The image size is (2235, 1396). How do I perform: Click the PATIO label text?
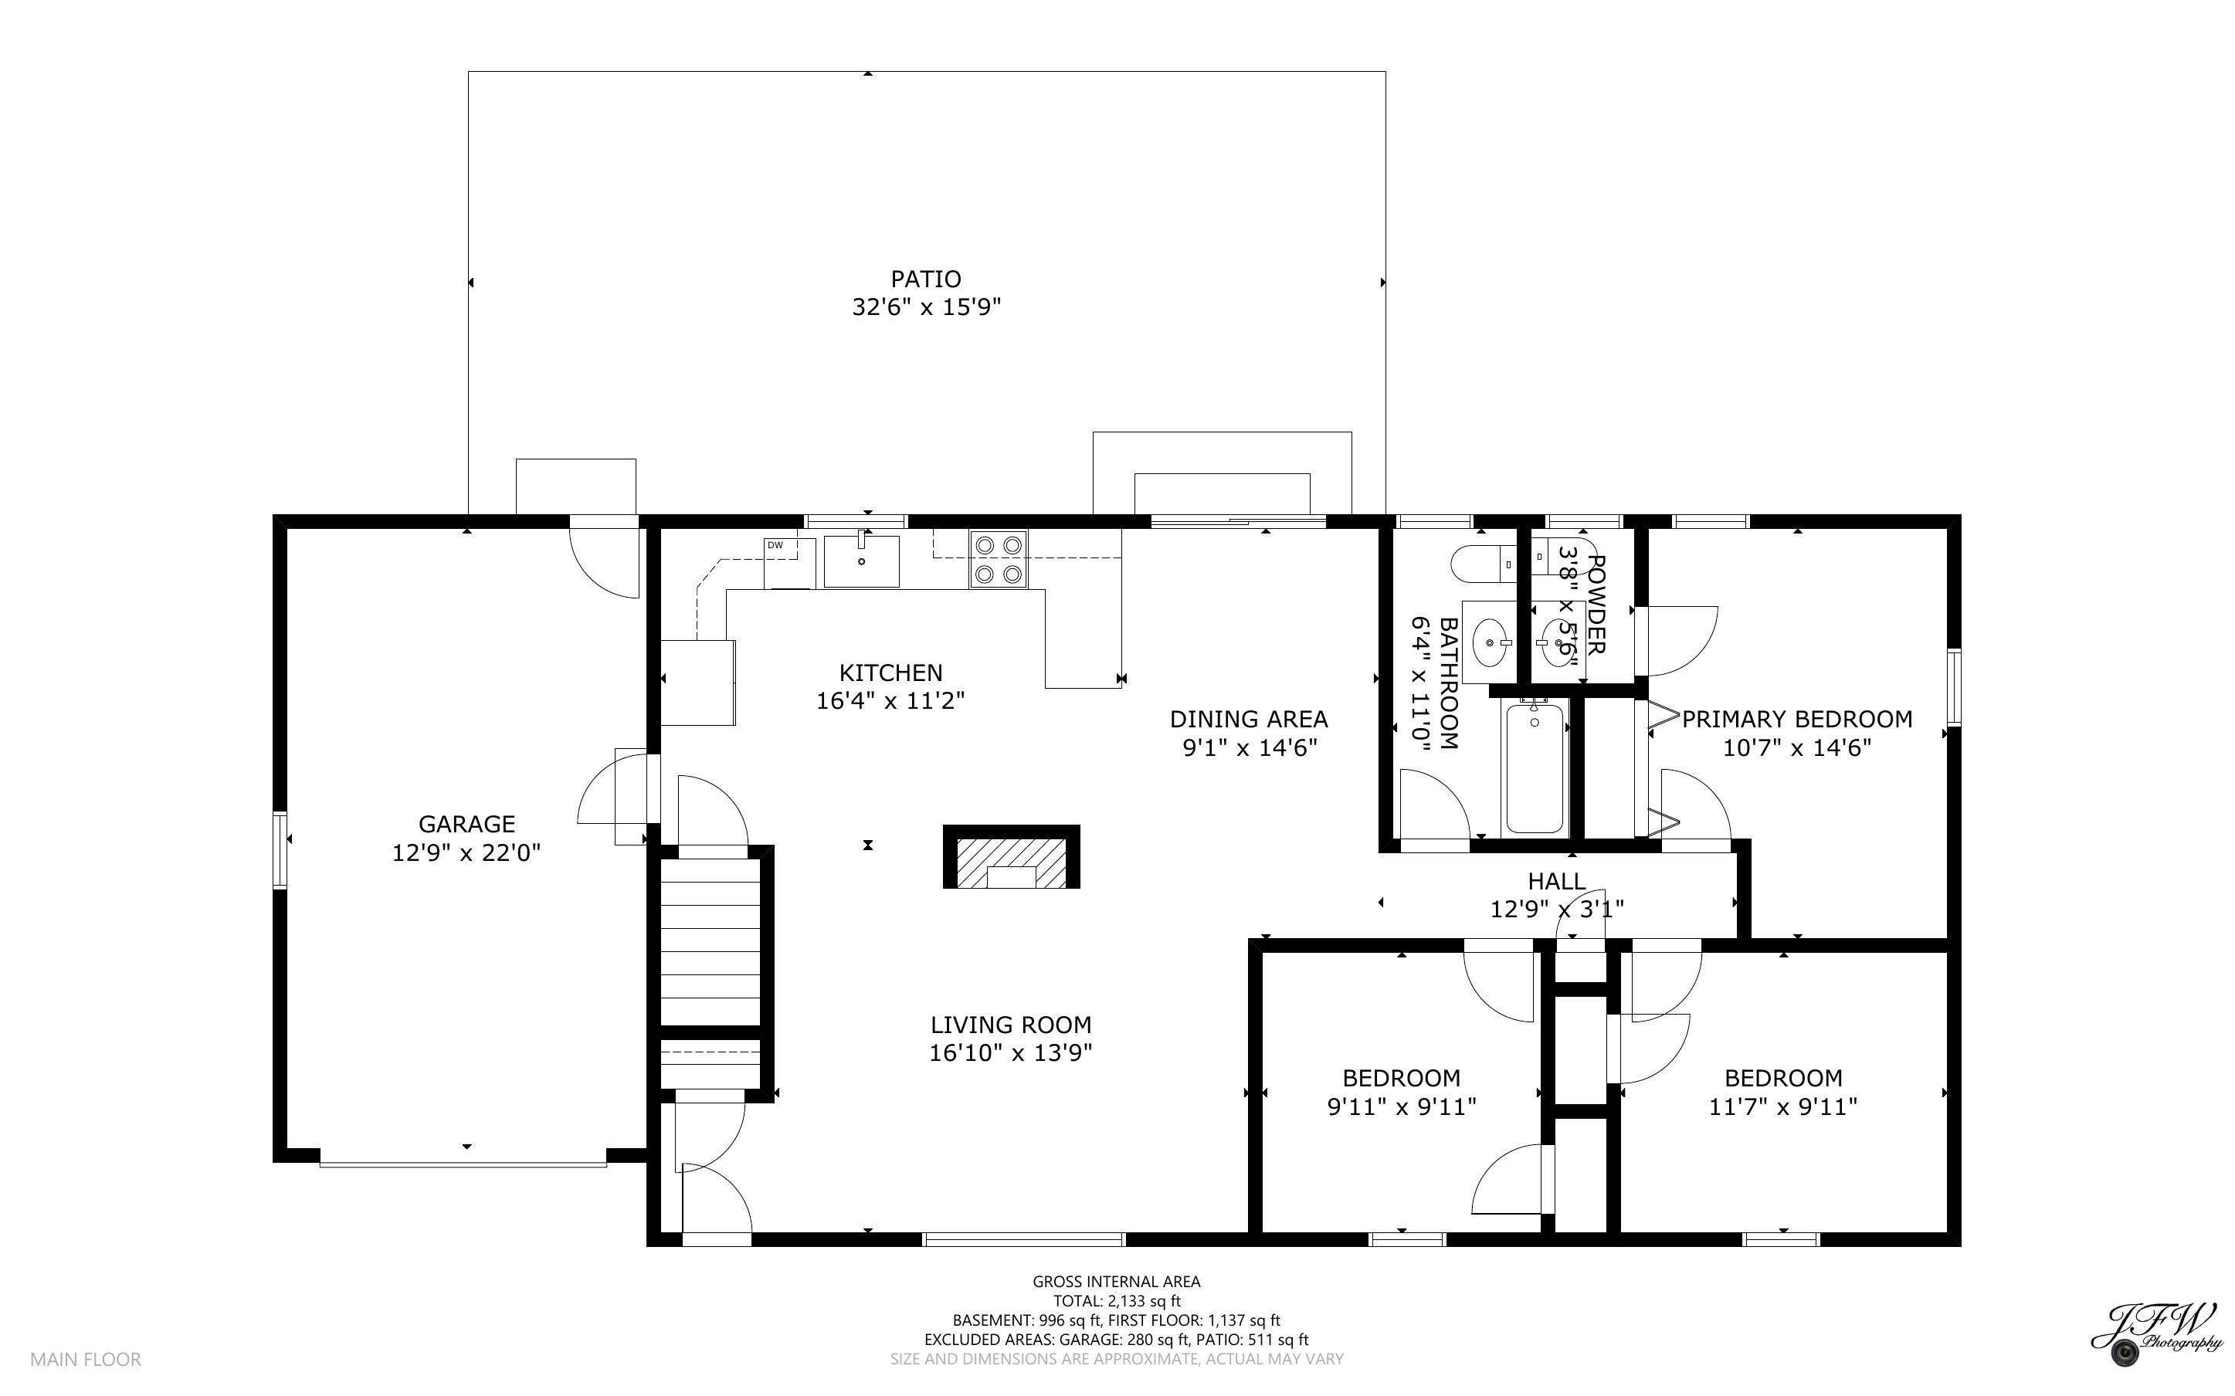click(x=925, y=279)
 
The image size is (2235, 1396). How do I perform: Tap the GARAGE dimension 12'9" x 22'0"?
click(x=466, y=852)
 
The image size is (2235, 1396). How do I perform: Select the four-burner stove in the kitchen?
click(x=997, y=560)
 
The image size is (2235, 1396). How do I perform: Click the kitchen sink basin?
click(x=861, y=561)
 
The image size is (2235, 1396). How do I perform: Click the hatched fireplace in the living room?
click(x=1011, y=859)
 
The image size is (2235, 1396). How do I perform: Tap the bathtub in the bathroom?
click(x=1535, y=768)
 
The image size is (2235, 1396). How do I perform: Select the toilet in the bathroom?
click(x=1477, y=563)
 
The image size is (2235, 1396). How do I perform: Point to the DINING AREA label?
click(x=1248, y=720)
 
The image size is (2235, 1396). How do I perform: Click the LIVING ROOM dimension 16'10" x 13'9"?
click(x=1010, y=1053)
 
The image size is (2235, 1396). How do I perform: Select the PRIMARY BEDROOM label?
click(x=1796, y=720)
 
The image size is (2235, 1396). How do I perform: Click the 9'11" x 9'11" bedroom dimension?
click(x=1402, y=1106)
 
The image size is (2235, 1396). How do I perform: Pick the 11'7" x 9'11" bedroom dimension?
click(x=1782, y=1106)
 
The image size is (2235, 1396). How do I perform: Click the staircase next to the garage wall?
click(x=710, y=951)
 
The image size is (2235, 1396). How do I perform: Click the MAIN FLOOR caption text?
click(x=86, y=1359)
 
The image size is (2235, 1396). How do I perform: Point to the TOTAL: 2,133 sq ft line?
click(x=1116, y=1301)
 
